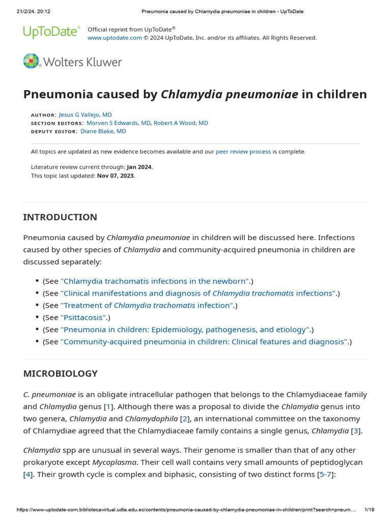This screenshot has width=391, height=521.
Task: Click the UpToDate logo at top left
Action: [51, 32]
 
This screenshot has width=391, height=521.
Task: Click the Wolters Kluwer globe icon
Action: [31, 61]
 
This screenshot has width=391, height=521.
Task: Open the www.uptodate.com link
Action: [115, 38]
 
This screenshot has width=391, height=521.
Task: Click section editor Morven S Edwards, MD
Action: [118, 123]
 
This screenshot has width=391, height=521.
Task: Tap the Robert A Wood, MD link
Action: [181, 123]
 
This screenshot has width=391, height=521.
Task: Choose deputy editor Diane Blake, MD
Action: [103, 131]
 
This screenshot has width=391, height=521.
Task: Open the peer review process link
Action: [243, 151]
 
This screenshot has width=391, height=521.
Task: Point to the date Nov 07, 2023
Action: [116, 176]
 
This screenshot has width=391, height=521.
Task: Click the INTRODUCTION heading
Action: [60, 217]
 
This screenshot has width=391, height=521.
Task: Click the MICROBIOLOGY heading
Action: [60, 373]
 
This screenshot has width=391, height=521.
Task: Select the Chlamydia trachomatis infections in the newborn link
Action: [155, 281]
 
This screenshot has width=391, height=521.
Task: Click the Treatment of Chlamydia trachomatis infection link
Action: [147, 305]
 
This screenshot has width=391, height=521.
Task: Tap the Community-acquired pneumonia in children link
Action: [204, 342]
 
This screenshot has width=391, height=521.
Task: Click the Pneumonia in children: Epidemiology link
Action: [185, 330]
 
